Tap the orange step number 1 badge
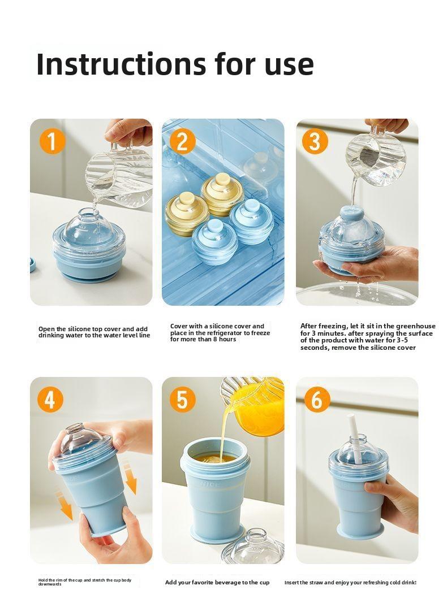coord(51,141)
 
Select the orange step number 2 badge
coord(182,141)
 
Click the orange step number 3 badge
coord(315,141)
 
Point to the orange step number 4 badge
coord(50,400)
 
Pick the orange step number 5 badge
coord(182,400)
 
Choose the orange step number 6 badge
coord(317,400)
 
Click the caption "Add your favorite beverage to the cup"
coord(217,582)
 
